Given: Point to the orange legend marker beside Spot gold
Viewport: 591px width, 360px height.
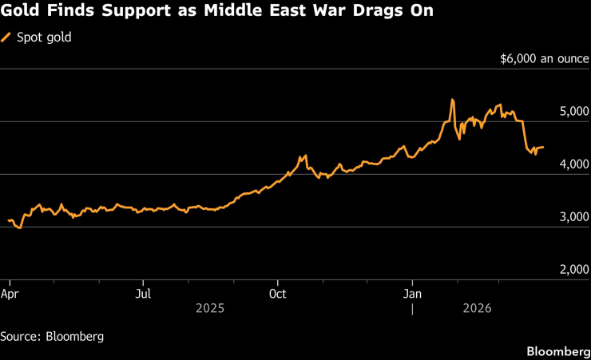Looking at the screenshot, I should pyautogui.click(x=7, y=37).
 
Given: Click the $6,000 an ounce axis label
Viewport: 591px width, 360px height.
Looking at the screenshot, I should pyautogui.click(x=543, y=59).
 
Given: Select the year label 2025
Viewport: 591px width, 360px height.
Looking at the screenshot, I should pyautogui.click(x=211, y=307).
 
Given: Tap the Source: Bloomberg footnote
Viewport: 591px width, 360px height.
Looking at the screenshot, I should pyautogui.click(x=52, y=336).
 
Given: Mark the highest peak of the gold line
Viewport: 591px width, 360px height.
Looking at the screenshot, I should pyautogui.click(x=452, y=100).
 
